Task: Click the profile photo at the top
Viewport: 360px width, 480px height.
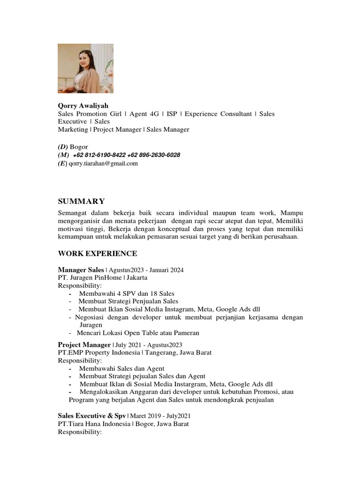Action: coord(85,68)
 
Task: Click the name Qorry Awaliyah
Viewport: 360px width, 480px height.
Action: coord(83,106)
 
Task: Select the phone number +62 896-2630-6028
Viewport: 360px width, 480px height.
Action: coord(153,155)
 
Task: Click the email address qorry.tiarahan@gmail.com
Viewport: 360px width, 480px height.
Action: coord(103,164)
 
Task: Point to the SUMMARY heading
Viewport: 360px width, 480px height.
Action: coord(81,202)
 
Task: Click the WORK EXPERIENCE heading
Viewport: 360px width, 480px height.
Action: coord(97,254)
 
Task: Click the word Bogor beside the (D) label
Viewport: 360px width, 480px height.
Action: coord(79,147)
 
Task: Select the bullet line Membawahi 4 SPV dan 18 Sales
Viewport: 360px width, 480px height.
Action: coord(127,293)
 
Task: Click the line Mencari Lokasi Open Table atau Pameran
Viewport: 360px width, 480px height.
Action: coord(139,333)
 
